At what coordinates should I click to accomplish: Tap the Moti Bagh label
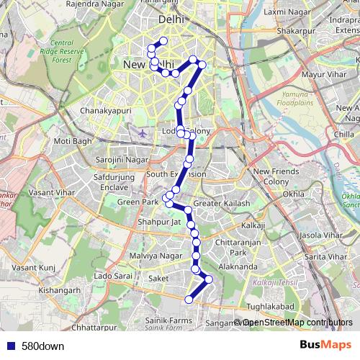click(71, 141)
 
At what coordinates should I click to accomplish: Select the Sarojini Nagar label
click(120, 159)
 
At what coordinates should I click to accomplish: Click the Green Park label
click(138, 202)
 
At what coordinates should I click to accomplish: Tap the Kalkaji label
click(253, 225)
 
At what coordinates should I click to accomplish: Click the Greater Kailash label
click(222, 204)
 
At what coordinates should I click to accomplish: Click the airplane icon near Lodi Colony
click(143, 133)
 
